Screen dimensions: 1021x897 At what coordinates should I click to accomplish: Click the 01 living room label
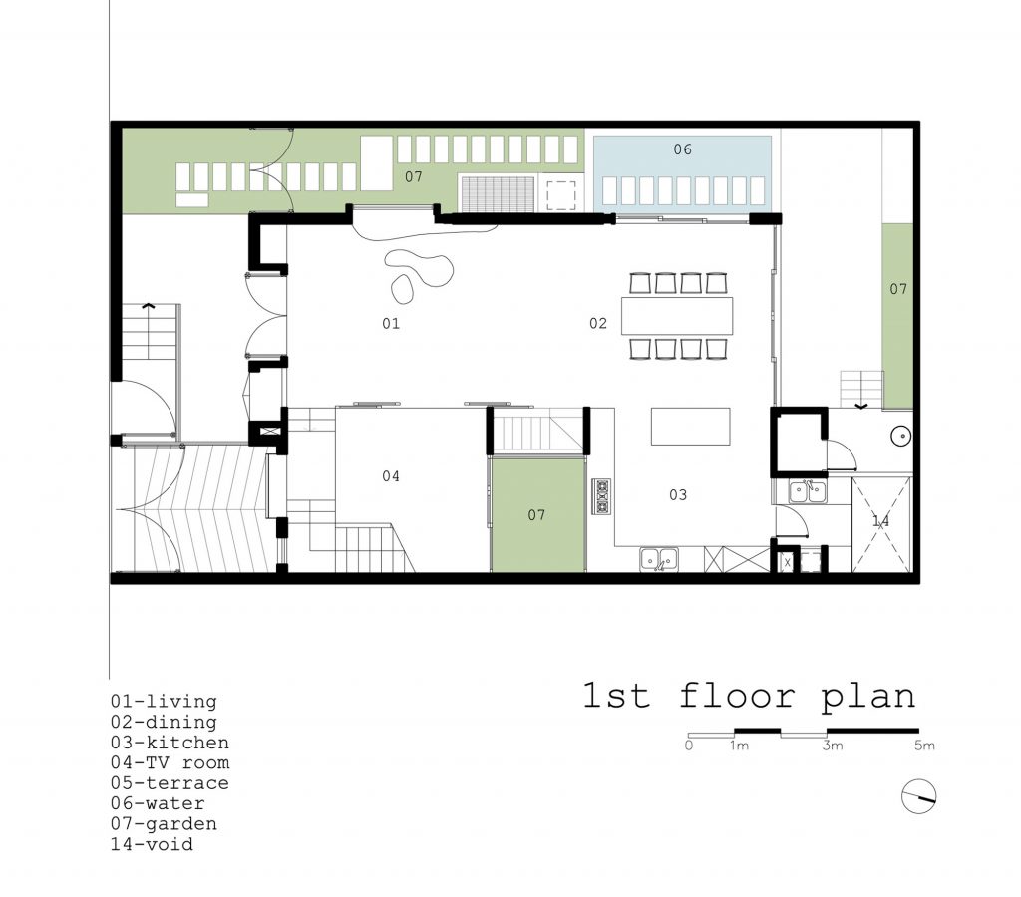pyautogui.click(x=391, y=323)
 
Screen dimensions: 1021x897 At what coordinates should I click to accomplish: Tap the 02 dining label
pyautogui.click(x=598, y=323)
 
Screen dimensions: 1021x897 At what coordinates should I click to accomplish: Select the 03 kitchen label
pyautogui.click(x=678, y=494)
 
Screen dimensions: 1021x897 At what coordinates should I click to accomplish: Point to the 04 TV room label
pyautogui.click(x=391, y=475)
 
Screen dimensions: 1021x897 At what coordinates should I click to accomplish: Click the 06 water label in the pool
pyautogui.click(x=682, y=149)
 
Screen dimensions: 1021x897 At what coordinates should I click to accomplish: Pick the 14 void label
pyautogui.click(x=881, y=520)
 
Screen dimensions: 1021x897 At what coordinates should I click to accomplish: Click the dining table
pyautogui.click(x=677, y=315)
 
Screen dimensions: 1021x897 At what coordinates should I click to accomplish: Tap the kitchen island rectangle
pyautogui.click(x=690, y=427)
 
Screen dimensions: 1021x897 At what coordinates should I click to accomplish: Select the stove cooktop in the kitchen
pyautogui.click(x=601, y=496)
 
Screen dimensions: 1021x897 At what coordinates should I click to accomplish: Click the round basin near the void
pyautogui.click(x=901, y=437)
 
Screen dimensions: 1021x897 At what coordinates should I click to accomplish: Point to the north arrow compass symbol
pyautogui.click(x=918, y=796)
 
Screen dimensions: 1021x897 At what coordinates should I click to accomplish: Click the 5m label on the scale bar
pyautogui.click(x=924, y=746)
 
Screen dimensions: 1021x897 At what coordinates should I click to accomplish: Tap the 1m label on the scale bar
pyautogui.click(x=739, y=746)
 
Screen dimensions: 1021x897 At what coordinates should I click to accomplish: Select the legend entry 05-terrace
pyautogui.click(x=170, y=782)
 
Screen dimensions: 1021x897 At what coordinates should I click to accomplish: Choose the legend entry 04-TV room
pyautogui.click(x=170, y=762)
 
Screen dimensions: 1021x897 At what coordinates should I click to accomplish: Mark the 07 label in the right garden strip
pyautogui.click(x=898, y=288)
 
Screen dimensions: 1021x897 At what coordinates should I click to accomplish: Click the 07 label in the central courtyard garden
pyautogui.click(x=536, y=515)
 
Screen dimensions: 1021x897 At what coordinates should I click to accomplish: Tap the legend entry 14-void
pyautogui.click(x=152, y=844)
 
